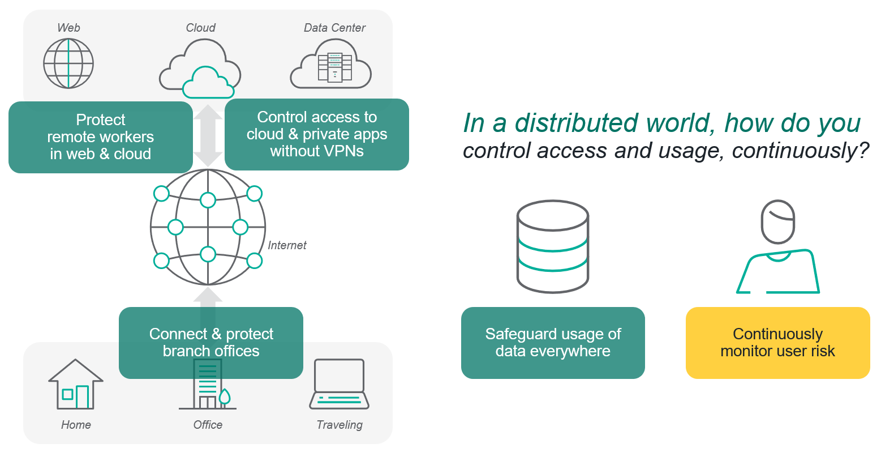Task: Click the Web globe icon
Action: click(x=68, y=63)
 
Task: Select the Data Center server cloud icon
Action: click(x=331, y=64)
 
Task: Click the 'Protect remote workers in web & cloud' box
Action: click(x=101, y=137)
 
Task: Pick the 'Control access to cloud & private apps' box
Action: click(x=317, y=134)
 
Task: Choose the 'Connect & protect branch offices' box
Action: click(x=211, y=343)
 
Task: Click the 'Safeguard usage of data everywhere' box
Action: click(x=553, y=343)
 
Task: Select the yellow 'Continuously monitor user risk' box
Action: click(x=777, y=343)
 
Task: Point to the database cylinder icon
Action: click(x=553, y=246)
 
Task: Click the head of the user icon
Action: click(x=777, y=221)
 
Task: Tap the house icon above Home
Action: click(x=76, y=384)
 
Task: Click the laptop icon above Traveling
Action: click(x=339, y=384)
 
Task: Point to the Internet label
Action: click(x=287, y=245)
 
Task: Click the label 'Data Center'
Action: click(x=334, y=28)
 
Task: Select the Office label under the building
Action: click(x=208, y=425)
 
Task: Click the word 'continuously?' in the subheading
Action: click(x=801, y=151)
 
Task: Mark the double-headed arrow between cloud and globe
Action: click(x=208, y=135)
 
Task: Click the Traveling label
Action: click(x=339, y=425)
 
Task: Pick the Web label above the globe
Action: click(x=68, y=28)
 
